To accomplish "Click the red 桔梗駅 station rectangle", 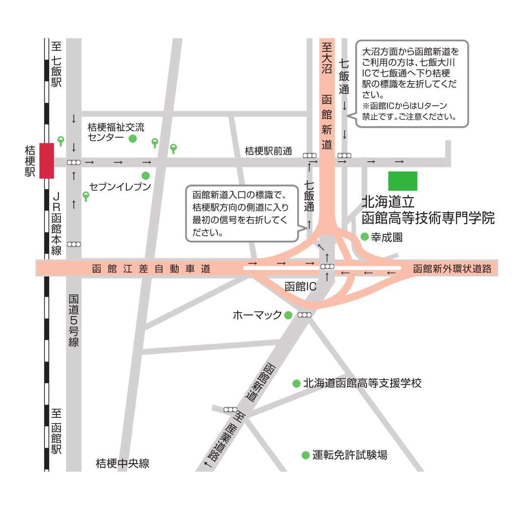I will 47,160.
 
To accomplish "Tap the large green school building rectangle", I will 402,181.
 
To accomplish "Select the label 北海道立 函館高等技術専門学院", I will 427,210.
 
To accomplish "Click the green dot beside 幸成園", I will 364,237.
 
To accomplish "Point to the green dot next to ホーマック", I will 288,315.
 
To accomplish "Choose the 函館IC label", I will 301,287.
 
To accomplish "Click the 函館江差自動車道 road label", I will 151,269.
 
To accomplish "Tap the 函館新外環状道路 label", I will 452,269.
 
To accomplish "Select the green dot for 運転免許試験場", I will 305,455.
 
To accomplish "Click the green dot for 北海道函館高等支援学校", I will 296,383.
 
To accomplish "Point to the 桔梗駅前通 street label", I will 268,151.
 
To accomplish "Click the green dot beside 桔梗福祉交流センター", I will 133,138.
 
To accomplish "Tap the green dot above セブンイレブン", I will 146,176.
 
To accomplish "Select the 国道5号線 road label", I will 74,320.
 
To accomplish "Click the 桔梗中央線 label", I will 122,464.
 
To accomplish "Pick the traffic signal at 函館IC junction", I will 327,267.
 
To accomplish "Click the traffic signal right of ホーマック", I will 304,315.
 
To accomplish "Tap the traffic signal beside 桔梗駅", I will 74,163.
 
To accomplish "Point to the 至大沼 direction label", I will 326,58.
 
